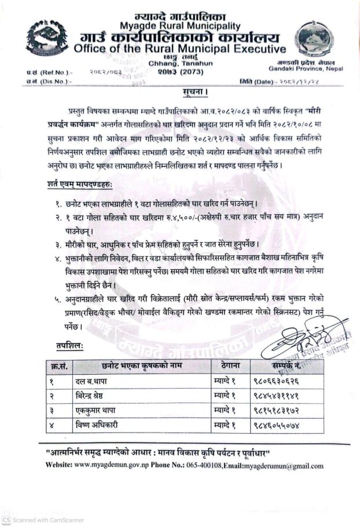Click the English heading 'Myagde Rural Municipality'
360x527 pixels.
tap(179, 26)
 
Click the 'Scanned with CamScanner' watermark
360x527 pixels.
tap(38, 520)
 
